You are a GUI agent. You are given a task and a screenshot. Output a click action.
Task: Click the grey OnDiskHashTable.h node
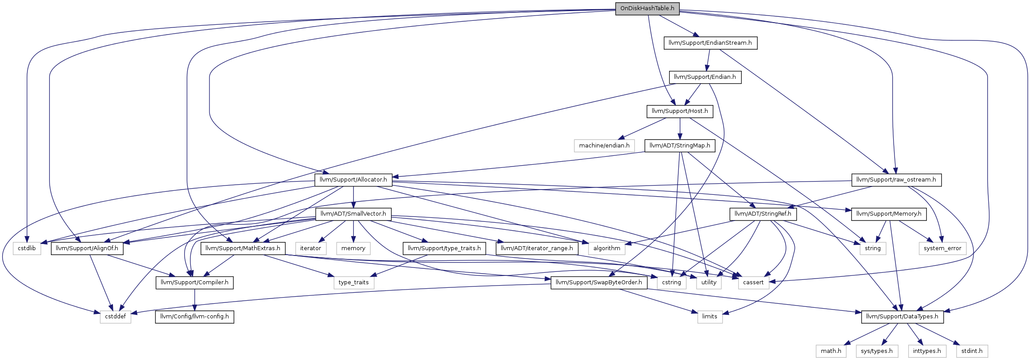[647, 8]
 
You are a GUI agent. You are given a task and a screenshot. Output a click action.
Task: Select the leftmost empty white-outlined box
[27, 248]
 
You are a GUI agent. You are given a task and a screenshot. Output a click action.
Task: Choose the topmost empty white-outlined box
[604, 146]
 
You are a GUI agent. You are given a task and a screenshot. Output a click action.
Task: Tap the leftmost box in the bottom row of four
[831, 351]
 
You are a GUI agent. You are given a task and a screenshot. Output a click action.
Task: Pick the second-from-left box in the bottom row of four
[877, 351]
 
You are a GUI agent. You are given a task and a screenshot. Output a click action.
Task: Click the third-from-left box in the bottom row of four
[927, 351]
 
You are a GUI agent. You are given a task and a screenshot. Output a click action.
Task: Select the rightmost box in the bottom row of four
[972, 351]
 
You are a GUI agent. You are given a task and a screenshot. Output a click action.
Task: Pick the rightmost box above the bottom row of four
[942, 248]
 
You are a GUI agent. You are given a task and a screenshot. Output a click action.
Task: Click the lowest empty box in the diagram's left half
[116, 317]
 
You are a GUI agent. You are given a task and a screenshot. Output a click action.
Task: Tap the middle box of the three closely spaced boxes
[709, 283]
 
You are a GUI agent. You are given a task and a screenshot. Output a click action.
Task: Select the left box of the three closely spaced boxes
[671, 283]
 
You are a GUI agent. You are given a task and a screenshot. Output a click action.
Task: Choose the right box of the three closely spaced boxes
[754, 283]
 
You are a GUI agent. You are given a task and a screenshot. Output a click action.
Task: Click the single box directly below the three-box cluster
[710, 317]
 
